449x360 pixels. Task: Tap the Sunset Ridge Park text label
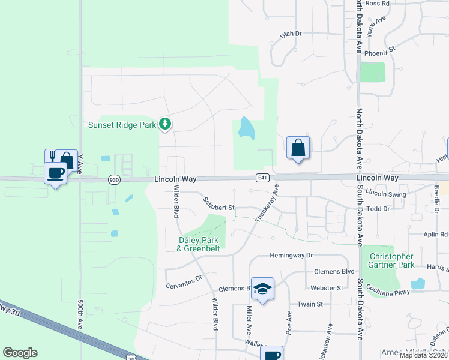tap(122, 125)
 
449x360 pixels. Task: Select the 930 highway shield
tap(114, 179)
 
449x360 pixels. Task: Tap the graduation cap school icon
tap(262, 289)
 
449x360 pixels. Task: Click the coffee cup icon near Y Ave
tap(56, 173)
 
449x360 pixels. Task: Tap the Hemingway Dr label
tap(292, 255)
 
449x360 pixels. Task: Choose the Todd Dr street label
tap(378, 209)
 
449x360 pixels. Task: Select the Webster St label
tap(327, 288)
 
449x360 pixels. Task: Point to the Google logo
tap(20, 353)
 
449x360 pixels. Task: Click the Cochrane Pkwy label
tap(391, 292)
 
